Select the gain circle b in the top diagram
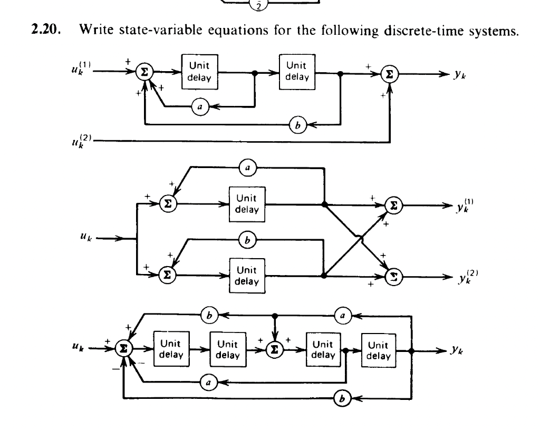(294, 125)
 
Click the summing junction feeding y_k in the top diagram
(390, 73)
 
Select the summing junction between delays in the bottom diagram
(275, 348)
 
